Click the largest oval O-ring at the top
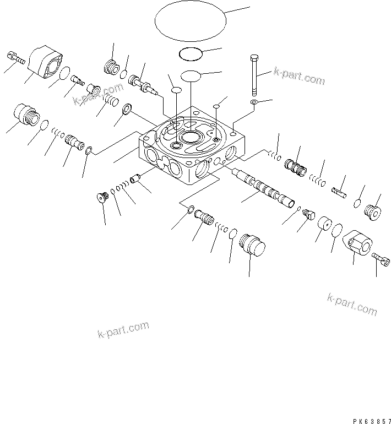[x=191, y=23]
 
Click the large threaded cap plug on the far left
[x=25, y=116]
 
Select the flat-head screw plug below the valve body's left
[x=101, y=196]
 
